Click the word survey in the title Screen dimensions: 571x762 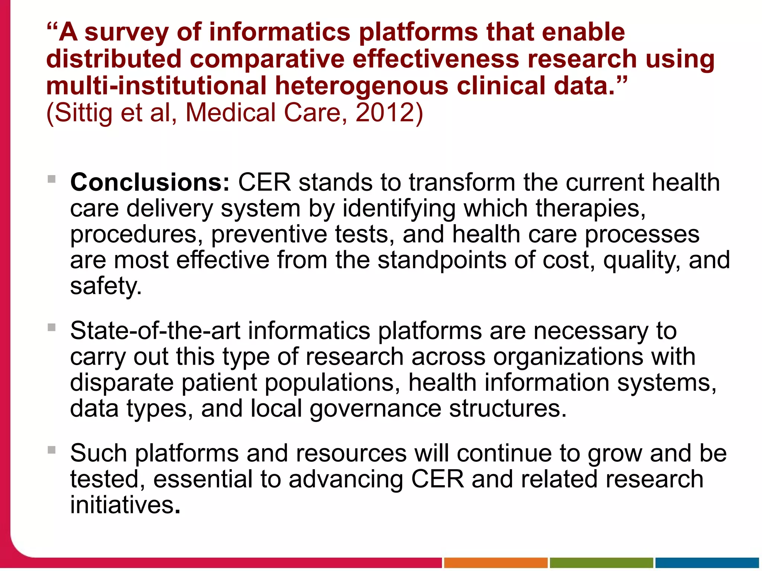coord(127,33)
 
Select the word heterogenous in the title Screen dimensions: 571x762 coord(362,86)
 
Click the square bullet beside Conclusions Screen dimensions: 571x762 coord(52,179)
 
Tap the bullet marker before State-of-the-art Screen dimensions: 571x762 coord(52,328)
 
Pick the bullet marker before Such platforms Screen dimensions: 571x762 coord(52,450)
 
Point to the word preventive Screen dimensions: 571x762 coord(269,235)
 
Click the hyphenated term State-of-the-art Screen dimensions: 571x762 coord(155,331)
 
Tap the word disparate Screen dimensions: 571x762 coord(122,383)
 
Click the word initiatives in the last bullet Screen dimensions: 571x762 coord(122,505)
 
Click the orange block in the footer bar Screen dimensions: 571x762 coord(496,563)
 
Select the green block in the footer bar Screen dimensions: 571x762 coord(601,563)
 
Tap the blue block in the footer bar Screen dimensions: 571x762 coord(707,563)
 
